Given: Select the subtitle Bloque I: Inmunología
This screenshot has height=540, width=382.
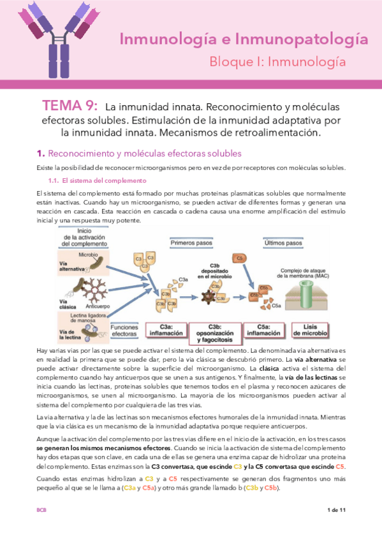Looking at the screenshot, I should click(277, 62).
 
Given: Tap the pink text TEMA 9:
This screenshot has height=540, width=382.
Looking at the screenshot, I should click(70, 106).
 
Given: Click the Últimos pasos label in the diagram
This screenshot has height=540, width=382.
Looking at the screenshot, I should click(283, 243).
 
